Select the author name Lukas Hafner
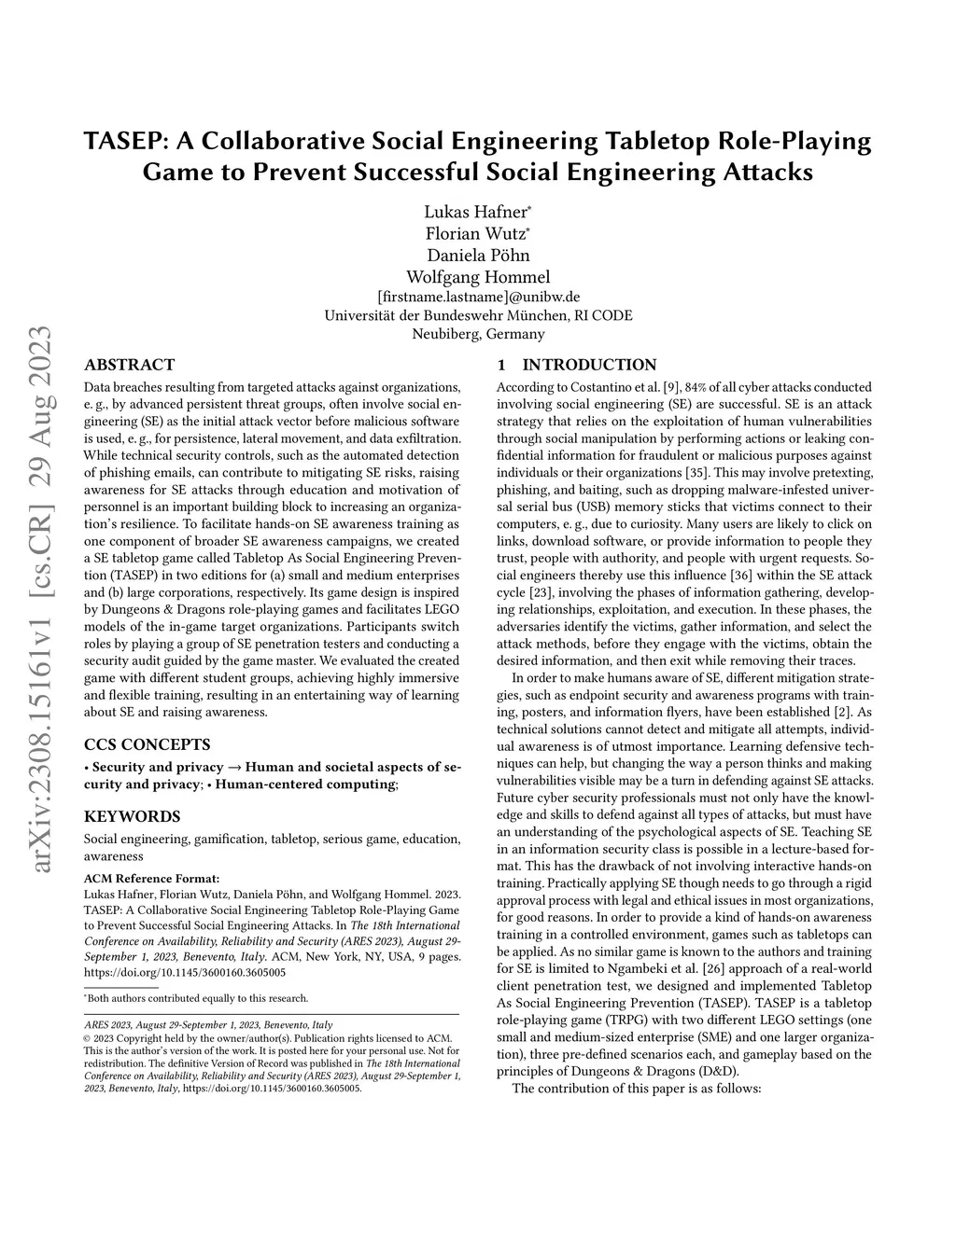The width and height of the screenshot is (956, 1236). [476, 212]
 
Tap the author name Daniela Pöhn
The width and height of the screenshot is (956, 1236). [478, 255]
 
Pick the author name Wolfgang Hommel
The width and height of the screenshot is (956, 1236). [478, 276]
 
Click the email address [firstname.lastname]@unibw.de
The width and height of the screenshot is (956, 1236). [478, 297]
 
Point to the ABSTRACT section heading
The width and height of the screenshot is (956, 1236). [129, 365]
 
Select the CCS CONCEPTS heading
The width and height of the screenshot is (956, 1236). [147, 744]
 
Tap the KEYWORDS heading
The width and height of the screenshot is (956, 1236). [132, 816]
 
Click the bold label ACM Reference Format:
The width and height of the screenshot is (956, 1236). [151, 878]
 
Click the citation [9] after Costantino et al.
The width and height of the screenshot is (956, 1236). [669, 386]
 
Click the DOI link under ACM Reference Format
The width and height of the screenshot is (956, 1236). [185, 971]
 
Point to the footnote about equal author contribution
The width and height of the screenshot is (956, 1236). [196, 998]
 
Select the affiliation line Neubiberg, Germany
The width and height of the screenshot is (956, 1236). [478, 334]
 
